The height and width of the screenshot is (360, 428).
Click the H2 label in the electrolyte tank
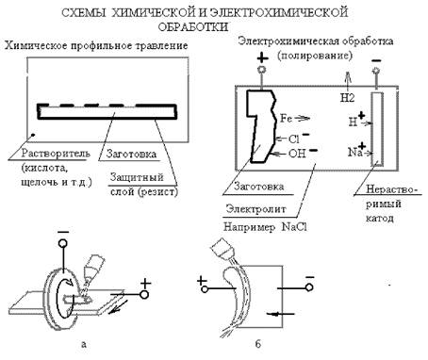347,98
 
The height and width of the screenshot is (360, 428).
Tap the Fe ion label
286,119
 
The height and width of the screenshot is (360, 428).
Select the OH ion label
297,154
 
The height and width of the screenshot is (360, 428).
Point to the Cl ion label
294,139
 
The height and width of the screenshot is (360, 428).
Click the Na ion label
355,153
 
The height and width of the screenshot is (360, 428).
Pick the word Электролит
256,209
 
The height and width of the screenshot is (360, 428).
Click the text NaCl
294,227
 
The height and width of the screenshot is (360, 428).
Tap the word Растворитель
56,154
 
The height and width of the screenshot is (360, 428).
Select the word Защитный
137,177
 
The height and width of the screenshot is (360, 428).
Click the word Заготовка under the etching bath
131,154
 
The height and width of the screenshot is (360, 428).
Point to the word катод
379,218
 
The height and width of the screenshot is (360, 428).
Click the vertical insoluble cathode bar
376,129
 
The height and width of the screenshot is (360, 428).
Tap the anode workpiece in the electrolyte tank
261,125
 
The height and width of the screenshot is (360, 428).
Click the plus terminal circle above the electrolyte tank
262,70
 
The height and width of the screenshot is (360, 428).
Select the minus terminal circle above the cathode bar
376,71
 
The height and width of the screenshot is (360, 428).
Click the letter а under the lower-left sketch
83,344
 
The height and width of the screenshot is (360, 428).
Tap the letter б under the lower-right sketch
257,344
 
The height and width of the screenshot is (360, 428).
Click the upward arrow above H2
348,82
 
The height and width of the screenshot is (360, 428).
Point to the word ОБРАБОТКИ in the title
193,26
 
